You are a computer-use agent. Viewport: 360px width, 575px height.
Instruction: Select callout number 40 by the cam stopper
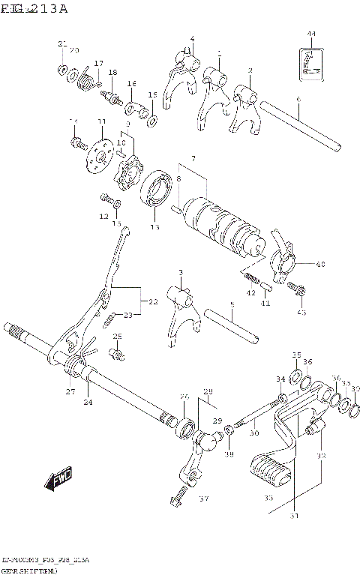(321, 264)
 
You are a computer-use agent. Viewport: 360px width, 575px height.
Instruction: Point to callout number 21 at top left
(62, 44)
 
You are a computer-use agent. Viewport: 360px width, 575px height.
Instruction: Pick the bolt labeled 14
(76, 140)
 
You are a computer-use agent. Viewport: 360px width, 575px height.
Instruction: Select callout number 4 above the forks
(192, 39)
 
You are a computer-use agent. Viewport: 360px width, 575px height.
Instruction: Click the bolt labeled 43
(301, 289)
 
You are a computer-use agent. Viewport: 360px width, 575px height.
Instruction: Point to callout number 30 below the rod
(253, 433)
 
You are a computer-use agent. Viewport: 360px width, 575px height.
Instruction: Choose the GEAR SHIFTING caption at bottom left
(27, 569)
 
